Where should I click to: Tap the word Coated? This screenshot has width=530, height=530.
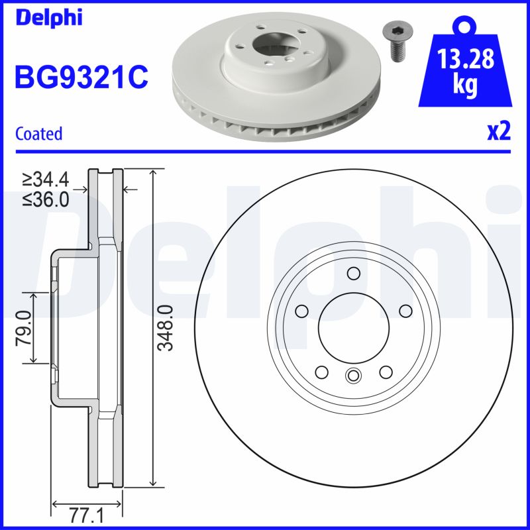[x=38, y=133]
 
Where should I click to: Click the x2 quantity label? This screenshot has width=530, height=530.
[x=499, y=131]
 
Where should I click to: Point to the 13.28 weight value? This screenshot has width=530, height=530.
[x=466, y=60]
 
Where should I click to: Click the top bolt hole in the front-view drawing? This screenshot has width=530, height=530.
[x=352, y=273]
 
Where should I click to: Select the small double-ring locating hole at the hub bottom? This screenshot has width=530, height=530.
[x=352, y=376]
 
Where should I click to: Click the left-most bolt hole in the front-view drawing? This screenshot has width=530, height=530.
[x=302, y=310]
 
